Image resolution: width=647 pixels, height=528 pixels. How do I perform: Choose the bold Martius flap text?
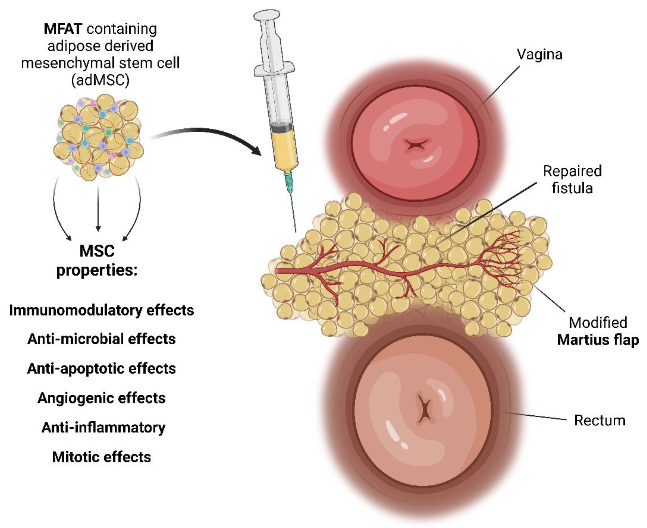click(x=598, y=340)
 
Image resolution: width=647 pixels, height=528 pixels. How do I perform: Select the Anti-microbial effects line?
click(x=102, y=339)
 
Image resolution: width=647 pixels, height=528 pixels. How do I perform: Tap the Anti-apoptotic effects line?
click(x=102, y=369)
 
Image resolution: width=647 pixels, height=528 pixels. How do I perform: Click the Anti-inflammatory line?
click(x=103, y=428)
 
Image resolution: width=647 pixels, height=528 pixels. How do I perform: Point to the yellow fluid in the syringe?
click(x=284, y=149)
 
